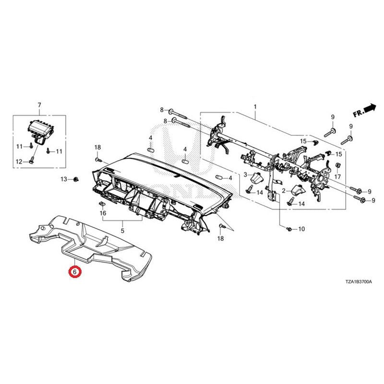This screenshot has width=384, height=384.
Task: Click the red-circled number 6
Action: click(x=75, y=272)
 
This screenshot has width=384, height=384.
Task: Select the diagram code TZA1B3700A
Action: click(x=359, y=282)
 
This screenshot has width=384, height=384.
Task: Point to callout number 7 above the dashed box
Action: click(x=39, y=105)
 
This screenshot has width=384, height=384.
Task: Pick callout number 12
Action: click(x=19, y=162)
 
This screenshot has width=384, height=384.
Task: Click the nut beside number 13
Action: click(x=76, y=179)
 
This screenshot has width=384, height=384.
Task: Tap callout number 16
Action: click(x=103, y=213)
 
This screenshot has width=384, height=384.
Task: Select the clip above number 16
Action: click(x=102, y=203)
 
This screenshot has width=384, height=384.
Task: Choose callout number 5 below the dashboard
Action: click(x=122, y=230)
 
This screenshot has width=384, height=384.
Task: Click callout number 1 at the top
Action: click(x=255, y=107)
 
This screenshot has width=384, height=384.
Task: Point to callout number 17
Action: click(x=337, y=176)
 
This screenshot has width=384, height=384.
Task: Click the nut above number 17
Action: click(x=337, y=166)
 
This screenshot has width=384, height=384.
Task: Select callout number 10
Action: click(x=301, y=229)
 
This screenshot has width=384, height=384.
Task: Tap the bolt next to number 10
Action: click(x=289, y=229)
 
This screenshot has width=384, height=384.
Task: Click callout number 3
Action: click(x=245, y=175)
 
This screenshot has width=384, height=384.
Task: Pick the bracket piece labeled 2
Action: click(x=298, y=190)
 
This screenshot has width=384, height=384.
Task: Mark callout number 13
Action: click(x=64, y=179)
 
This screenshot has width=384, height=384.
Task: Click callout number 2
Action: click(x=284, y=191)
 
